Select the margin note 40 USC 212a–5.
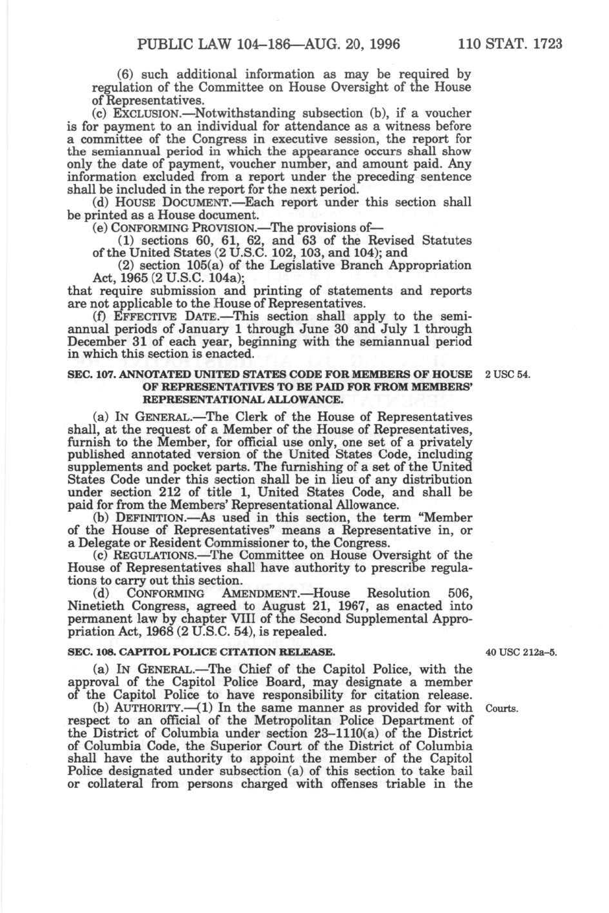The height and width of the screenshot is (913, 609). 521,652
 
